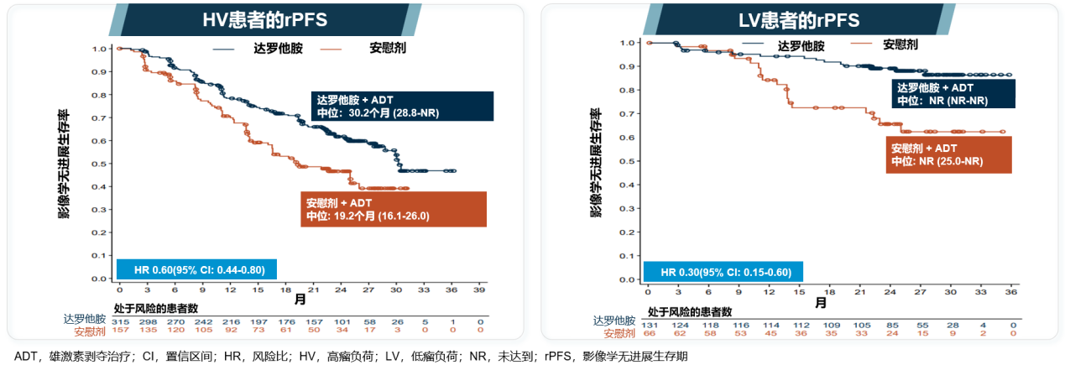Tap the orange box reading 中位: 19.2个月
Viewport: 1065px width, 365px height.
[x=393, y=209]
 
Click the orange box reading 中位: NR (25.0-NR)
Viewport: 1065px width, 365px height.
[x=948, y=154]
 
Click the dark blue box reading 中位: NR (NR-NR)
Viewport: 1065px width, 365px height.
[x=953, y=94]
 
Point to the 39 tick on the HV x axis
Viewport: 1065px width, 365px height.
[x=480, y=290]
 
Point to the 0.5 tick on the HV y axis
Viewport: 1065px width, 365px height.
[x=101, y=164]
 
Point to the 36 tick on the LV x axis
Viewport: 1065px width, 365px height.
[x=1012, y=291]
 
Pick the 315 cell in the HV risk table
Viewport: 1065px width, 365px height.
[x=120, y=321]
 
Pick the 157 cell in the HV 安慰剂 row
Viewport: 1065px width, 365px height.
[x=120, y=331]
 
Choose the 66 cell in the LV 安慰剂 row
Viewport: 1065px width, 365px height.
[x=649, y=332]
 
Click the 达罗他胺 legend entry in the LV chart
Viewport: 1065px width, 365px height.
[x=801, y=45]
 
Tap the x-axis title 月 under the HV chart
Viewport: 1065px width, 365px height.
[x=300, y=299]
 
